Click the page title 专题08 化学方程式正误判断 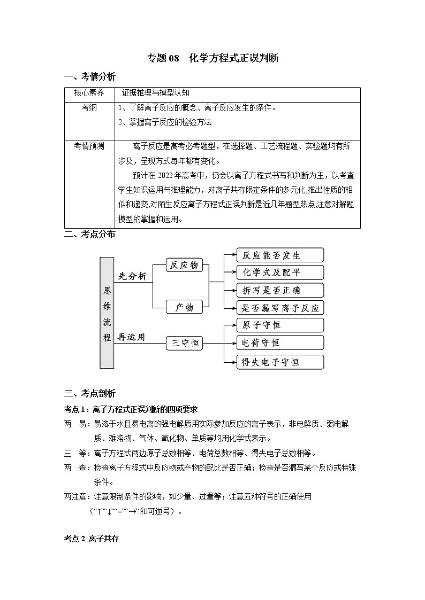click(x=212, y=59)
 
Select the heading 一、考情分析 click(x=89, y=76)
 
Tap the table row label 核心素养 click(x=89, y=92)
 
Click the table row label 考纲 click(x=89, y=107)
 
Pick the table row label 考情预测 click(x=89, y=146)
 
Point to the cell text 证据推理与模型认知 click(x=156, y=92)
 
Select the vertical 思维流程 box click(x=107, y=313)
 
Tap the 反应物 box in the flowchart click(x=184, y=265)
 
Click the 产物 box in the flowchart click(x=184, y=307)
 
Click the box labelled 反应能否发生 click(x=280, y=255)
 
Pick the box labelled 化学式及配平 click(x=280, y=272)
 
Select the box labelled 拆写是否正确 click(x=280, y=290)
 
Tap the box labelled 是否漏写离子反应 click(x=280, y=308)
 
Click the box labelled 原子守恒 click(x=280, y=325)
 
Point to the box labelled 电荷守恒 click(x=280, y=342)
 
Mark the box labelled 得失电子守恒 click(x=280, y=362)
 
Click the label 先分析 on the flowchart click(x=132, y=276)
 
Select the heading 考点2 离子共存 click(x=91, y=539)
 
